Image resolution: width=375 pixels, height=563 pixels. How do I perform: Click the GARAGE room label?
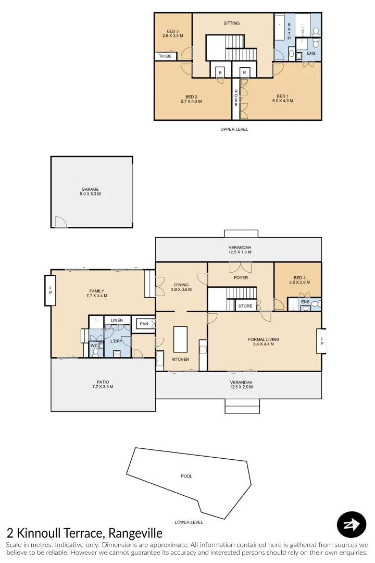(x=90, y=189)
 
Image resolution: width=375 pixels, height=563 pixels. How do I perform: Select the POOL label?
(x=186, y=476)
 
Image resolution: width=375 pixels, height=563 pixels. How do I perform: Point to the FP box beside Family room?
(x=51, y=291)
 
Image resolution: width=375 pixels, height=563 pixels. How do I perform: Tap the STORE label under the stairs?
(x=245, y=307)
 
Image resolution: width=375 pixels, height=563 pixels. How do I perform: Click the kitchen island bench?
(x=180, y=339)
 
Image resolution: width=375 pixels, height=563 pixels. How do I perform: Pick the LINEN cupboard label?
(x=117, y=320)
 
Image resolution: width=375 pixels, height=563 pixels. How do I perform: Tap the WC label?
(x=94, y=345)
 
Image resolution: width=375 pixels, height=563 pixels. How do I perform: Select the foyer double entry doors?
(x=241, y=267)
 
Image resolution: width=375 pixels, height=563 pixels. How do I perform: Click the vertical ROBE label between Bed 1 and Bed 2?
(x=236, y=98)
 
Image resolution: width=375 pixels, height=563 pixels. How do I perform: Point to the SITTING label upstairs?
(x=232, y=23)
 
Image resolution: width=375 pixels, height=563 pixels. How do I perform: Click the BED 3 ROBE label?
(x=166, y=56)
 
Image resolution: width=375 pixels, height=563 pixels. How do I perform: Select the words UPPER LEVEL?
(x=234, y=129)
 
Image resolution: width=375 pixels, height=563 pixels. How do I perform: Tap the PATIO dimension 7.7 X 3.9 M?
(x=103, y=387)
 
